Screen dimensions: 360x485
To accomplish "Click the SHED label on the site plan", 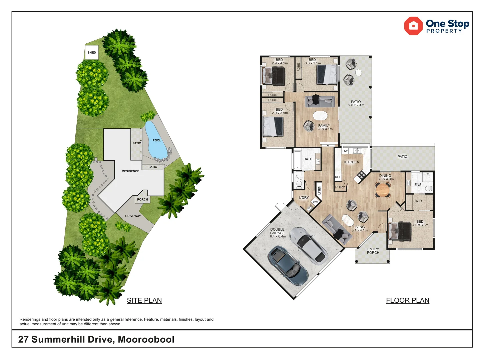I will point(92,53).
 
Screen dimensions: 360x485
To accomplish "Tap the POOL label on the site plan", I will point(157,140).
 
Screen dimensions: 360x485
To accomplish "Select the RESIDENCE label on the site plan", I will point(130,171).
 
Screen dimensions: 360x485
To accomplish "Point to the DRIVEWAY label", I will point(133,216).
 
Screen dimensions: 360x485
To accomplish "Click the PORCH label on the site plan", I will point(142,200).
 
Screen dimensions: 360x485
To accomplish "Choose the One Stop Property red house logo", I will point(413,26).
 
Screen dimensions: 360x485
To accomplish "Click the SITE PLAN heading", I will point(144,300).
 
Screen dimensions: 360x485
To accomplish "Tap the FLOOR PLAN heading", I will point(407,300).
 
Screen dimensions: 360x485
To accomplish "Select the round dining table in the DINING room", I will point(383,191).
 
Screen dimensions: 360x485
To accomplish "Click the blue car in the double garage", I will point(288,266).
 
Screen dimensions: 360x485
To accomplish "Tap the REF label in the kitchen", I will point(338,177).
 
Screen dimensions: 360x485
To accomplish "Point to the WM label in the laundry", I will point(316,202).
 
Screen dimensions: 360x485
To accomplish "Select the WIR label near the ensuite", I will point(419,201).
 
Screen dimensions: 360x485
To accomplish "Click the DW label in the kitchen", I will point(345,151).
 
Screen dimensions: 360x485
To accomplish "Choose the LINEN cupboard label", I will point(319,190).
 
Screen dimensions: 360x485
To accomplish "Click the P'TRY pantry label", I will point(340,187).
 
